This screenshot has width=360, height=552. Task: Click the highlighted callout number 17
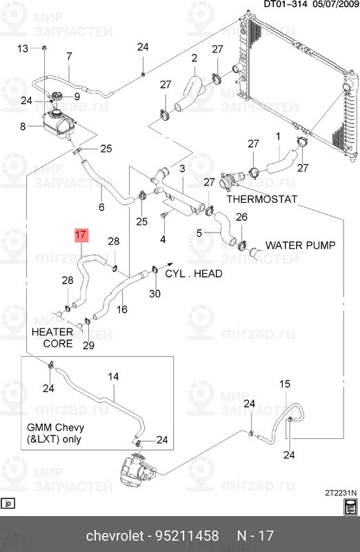[81, 235]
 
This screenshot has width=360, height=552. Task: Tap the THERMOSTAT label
[261, 199]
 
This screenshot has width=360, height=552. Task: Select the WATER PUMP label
[300, 245]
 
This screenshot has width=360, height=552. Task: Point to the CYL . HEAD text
[193, 273]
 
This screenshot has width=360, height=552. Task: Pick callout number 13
[23, 48]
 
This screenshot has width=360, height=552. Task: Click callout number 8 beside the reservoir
[23, 126]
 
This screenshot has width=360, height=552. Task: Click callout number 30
[154, 294]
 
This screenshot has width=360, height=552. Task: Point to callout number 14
[113, 377]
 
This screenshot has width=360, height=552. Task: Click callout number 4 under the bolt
[163, 239]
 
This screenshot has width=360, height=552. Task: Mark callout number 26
[241, 217]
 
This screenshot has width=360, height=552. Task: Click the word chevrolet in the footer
[114, 536]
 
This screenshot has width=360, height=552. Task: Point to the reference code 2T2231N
[339, 493]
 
